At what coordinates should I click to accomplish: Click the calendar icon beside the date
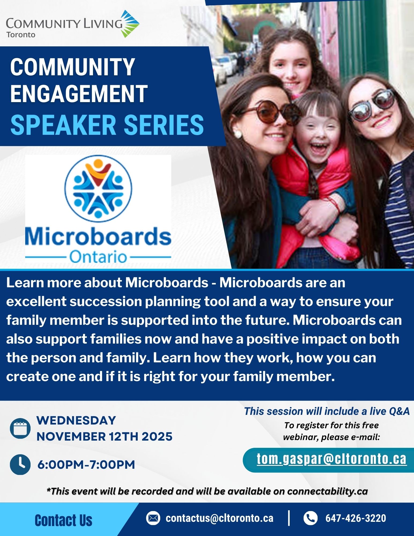point(20,428)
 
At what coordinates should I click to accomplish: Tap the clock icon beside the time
point(20,464)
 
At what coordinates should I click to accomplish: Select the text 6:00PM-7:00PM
point(86,465)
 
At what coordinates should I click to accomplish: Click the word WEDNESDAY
point(76,420)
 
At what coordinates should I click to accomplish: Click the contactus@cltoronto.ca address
point(219,518)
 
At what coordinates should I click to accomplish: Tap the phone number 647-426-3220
point(356,518)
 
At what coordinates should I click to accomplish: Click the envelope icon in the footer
point(153,518)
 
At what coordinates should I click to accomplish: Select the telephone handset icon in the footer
point(310,518)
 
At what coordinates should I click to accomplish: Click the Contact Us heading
point(64,520)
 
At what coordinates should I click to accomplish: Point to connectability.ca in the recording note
point(327,491)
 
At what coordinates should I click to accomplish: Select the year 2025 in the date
point(157,437)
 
